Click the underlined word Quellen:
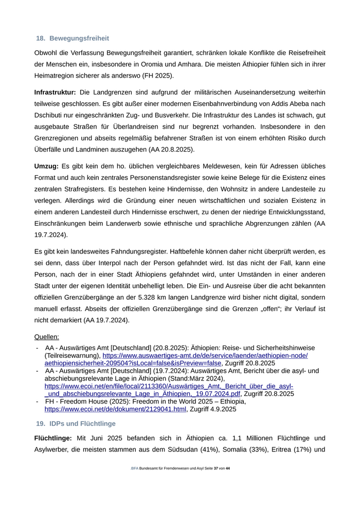coord(47,337)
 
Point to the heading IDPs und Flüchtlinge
coord(83,424)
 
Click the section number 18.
coord(40,39)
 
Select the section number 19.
coord(40,424)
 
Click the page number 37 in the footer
coord(217,469)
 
